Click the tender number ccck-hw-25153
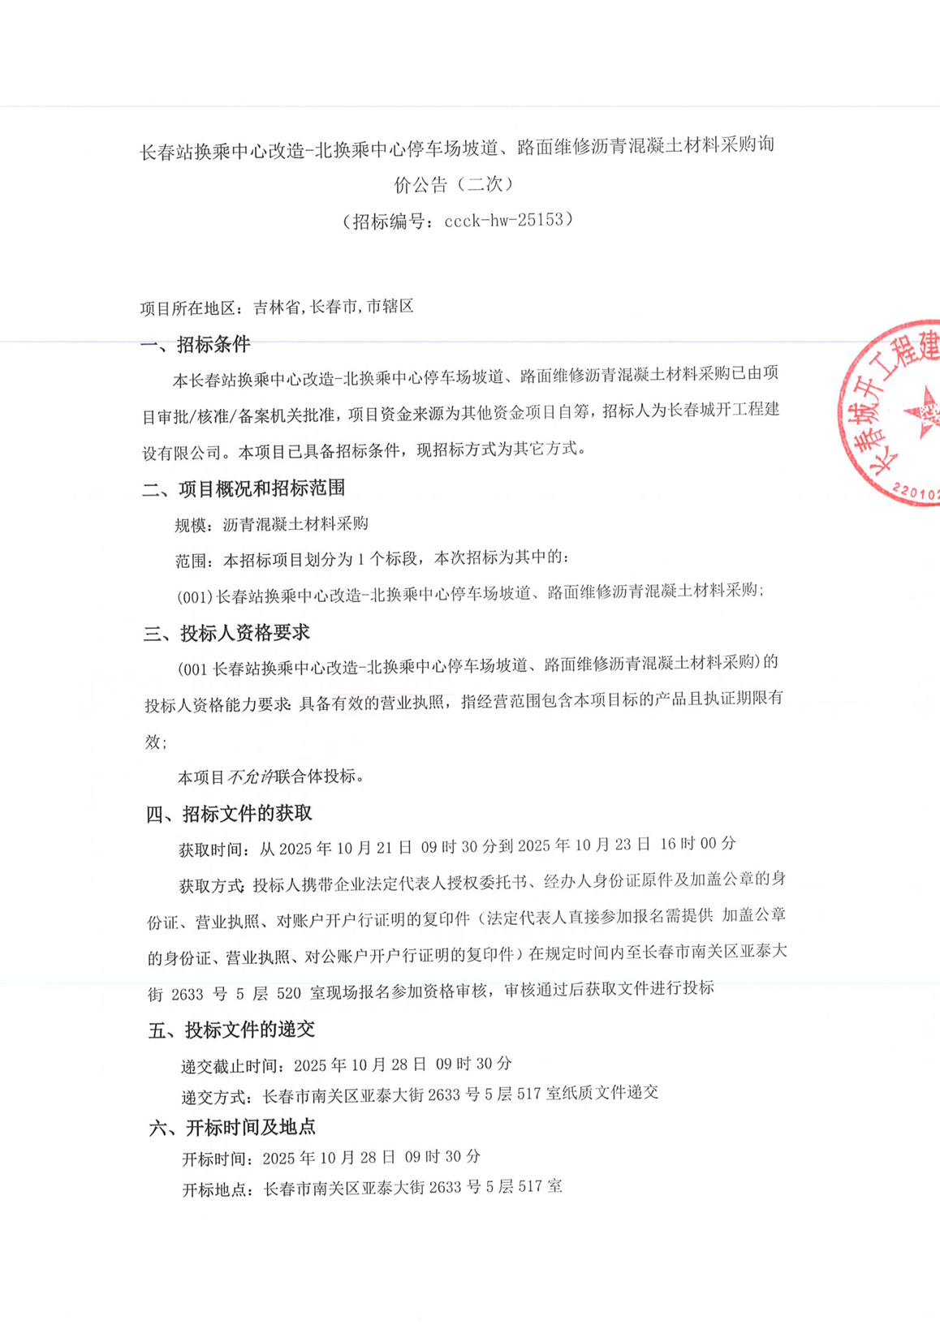click(x=503, y=220)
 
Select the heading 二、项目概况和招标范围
click(x=244, y=488)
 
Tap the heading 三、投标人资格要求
click(x=226, y=633)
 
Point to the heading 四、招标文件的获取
click(x=229, y=814)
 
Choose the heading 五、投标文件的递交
click(x=231, y=1030)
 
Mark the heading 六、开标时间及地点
click(x=232, y=1127)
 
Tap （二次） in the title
click(x=485, y=185)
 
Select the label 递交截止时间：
click(x=232, y=1066)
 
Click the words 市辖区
click(x=390, y=307)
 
